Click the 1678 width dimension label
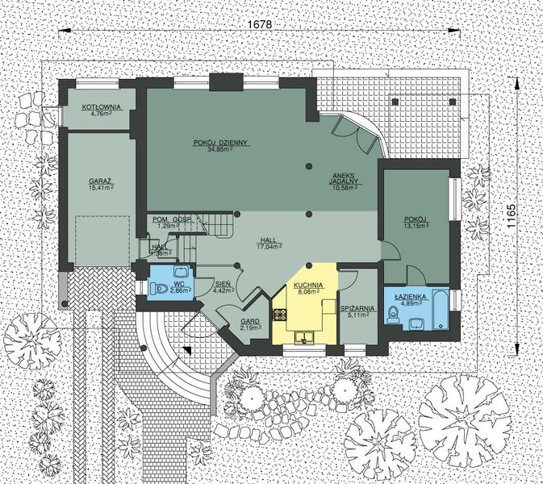point(260,24)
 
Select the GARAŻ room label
point(101,183)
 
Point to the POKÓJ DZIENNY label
point(219,143)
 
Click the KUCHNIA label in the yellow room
point(308,285)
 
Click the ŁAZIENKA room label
point(405,296)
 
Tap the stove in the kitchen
point(281,312)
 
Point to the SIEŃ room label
point(224,285)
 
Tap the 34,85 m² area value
point(219,150)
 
